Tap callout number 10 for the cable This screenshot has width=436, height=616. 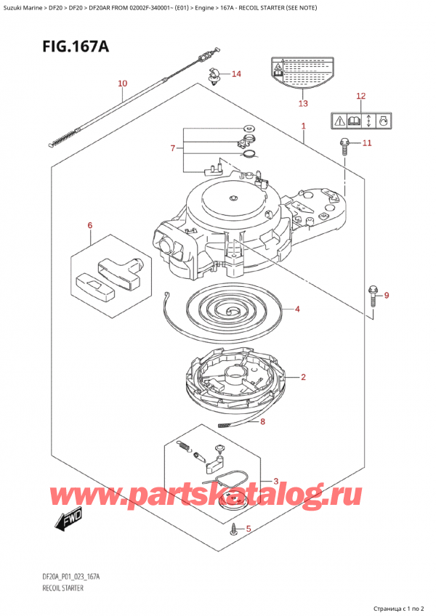pos(122,84)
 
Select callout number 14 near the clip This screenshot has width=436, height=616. pos(236,74)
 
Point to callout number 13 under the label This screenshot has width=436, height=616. pos(303,103)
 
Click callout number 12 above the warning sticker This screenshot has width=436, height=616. pos(361,96)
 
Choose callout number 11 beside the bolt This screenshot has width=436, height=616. pos(367,143)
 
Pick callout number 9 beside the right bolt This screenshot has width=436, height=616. pos(387,295)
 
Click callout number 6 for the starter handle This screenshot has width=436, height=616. pos(90,226)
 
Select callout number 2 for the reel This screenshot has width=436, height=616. pos(302,377)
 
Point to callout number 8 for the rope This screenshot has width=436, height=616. pos(262,421)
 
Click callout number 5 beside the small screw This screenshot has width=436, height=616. pos(249,529)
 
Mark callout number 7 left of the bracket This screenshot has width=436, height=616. pos(172,148)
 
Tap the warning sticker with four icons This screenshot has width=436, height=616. pos(362,121)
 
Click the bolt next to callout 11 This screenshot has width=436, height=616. pos(344,146)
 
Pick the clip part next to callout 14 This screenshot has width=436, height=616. pos(214,75)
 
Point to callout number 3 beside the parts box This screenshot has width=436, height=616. pos(275,481)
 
